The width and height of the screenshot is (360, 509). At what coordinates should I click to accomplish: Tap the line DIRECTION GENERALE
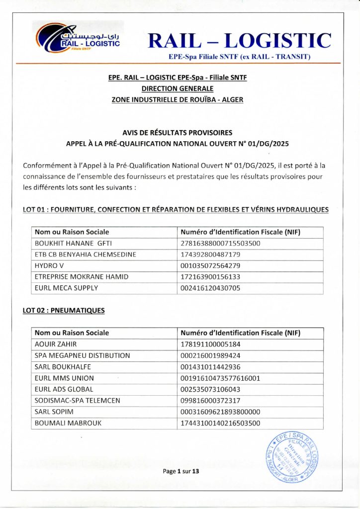(178, 88)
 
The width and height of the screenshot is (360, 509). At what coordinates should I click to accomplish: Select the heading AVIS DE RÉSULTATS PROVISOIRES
(178, 133)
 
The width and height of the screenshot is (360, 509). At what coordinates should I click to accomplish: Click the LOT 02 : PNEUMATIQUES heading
(64, 311)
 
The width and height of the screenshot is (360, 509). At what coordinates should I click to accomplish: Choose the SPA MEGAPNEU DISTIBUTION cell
(82, 355)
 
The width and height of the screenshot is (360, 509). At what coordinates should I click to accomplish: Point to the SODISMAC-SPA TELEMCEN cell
(77, 401)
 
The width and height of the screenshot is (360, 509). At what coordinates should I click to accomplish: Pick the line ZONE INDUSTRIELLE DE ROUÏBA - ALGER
(178, 99)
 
